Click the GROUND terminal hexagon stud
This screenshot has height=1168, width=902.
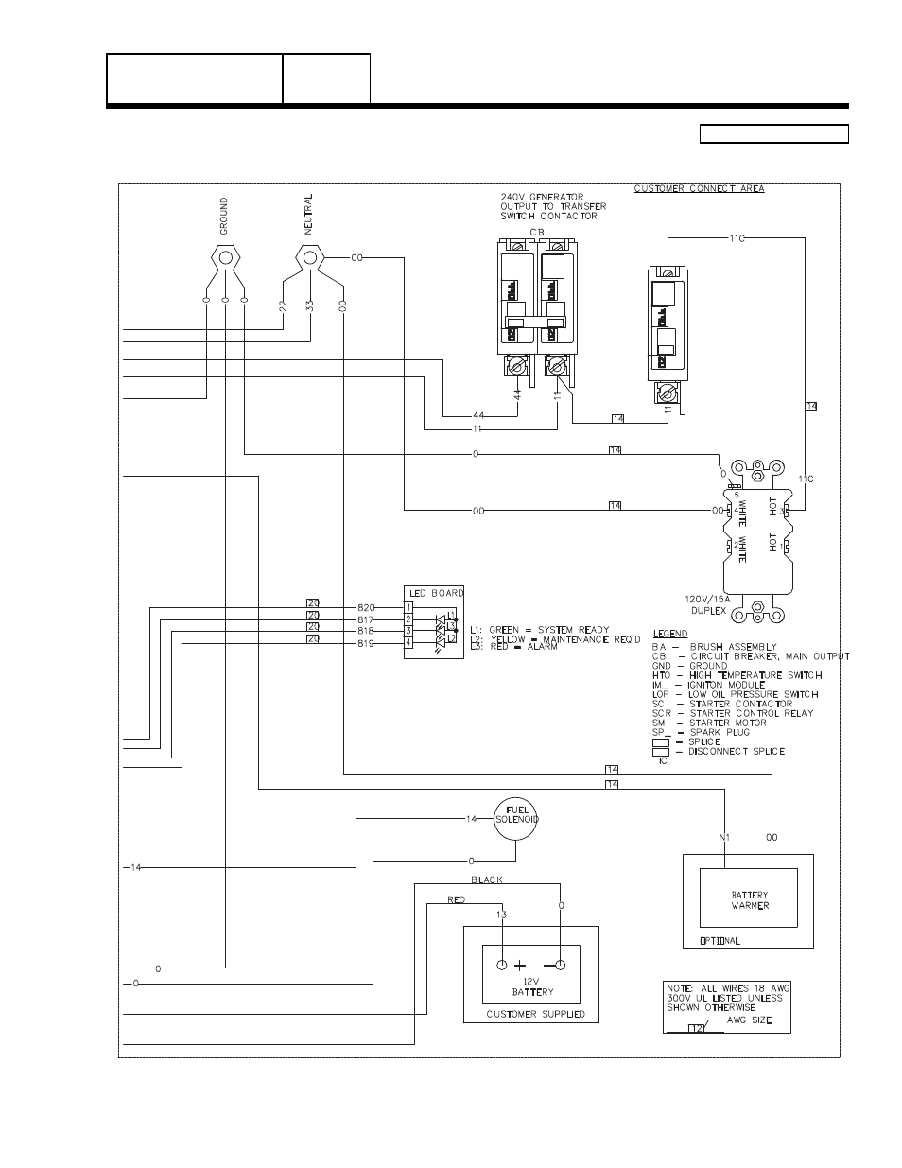point(225,257)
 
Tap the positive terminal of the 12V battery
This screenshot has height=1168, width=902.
point(502,966)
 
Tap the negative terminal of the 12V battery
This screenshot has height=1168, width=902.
point(561,966)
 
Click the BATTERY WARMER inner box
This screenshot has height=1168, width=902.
point(749,899)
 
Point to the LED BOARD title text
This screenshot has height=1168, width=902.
point(435,593)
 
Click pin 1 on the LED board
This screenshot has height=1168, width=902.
point(408,607)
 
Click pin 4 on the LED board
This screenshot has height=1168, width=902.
point(408,643)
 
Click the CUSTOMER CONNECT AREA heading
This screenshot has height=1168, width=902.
point(699,189)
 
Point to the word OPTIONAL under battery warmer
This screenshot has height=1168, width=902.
point(720,941)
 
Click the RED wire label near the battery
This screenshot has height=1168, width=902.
point(456,900)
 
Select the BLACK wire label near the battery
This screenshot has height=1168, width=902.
point(486,880)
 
